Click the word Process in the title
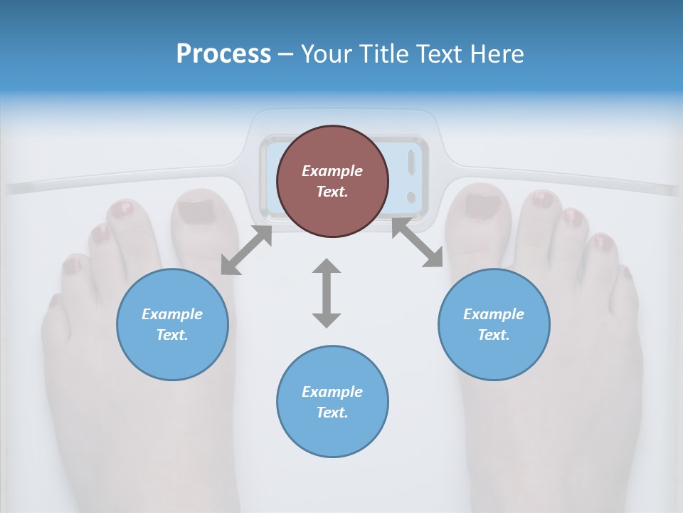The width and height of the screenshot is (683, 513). tap(223, 54)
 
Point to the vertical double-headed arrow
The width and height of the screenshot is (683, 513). tap(327, 294)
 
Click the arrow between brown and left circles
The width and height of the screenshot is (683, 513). tap(246, 250)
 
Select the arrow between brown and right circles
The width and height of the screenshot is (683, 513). tap(418, 243)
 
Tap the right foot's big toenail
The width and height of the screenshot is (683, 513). tap(482, 205)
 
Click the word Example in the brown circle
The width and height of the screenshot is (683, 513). tap(332, 171)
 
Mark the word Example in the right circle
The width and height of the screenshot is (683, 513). tap(494, 314)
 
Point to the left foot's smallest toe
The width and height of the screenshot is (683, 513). tap(54, 301)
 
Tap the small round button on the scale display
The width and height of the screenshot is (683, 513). tap(411, 197)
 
